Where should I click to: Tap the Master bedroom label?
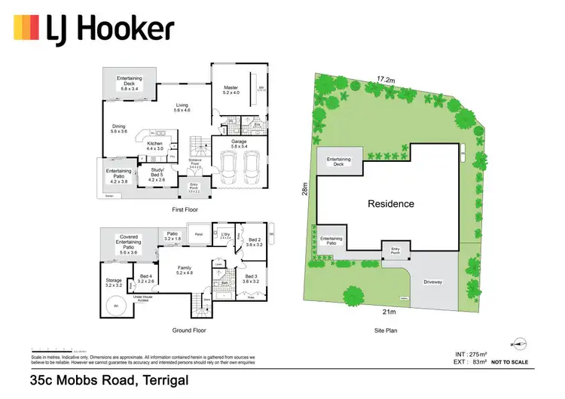231,88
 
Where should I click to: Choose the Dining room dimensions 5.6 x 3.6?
120,132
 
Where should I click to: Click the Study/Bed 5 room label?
156,171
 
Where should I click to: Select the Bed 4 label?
146,276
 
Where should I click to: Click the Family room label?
185,267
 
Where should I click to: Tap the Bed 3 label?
251,276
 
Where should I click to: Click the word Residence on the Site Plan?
390,204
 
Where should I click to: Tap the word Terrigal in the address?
159,382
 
